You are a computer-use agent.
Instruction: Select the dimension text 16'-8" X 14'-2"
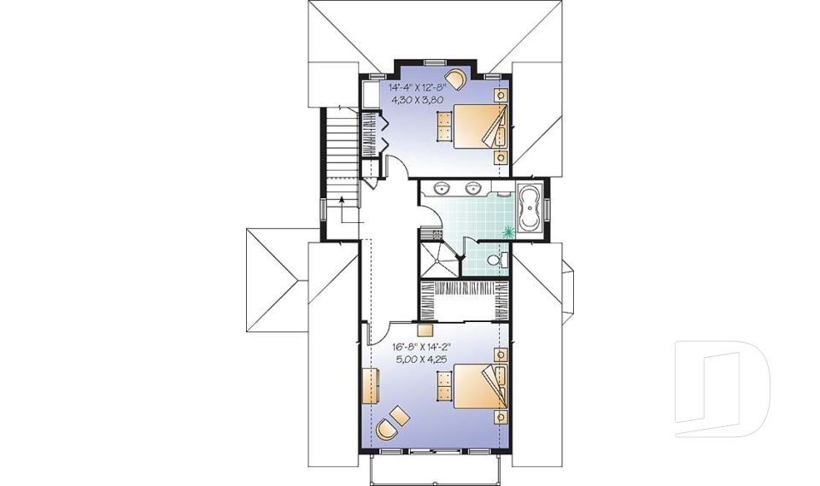pos(420,348)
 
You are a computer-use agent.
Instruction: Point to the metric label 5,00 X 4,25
pos(420,360)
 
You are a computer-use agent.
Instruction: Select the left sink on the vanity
pos(442,188)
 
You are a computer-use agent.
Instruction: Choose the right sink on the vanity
pos(471,188)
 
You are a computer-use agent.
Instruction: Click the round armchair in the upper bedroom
pos(458,79)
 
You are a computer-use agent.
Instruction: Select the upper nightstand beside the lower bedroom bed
pos(501,354)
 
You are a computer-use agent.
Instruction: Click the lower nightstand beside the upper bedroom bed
pos(501,157)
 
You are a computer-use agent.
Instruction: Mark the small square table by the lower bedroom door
pos(425,328)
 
